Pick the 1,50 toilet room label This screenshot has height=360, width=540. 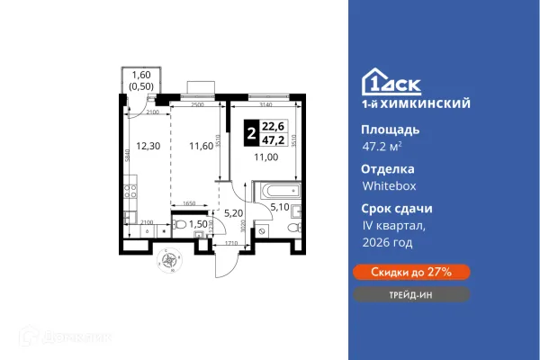click(197, 223)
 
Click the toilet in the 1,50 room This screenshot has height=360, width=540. click(179, 226)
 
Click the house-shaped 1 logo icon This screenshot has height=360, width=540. click(374, 82)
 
